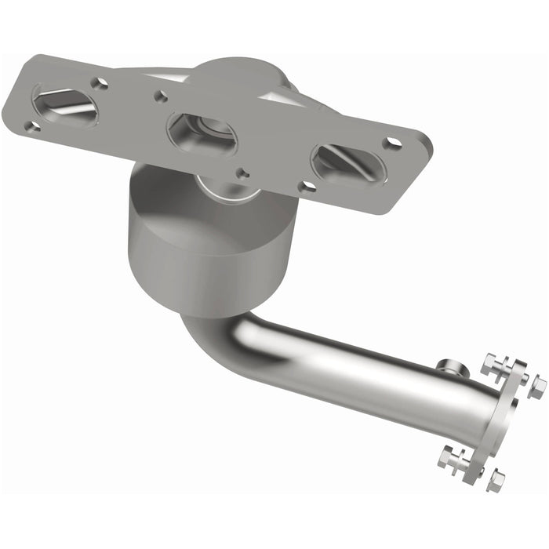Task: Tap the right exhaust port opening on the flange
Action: click(x=347, y=164)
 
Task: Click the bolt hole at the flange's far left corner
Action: click(x=31, y=126)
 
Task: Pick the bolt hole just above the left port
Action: click(x=100, y=82)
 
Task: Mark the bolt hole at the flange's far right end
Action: click(x=393, y=144)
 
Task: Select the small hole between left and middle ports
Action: click(x=161, y=96)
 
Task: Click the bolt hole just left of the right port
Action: click(x=308, y=186)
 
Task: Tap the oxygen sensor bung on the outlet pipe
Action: click(x=449, y=365)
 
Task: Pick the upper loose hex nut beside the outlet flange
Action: click(x=536, y=386)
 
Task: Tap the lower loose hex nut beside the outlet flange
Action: click(x=496, y=480)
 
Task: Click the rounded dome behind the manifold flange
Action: click(x=243, y=78)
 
